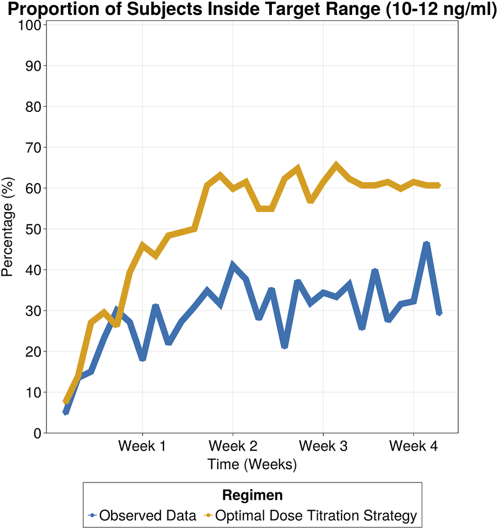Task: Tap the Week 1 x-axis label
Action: point(143,446)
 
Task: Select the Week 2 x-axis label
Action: point(233,446)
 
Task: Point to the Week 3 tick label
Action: point(323,446)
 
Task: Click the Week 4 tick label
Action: point(413,446)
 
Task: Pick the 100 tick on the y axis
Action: point(29,25)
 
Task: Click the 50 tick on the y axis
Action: point(33,229)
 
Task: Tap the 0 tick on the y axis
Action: point(38,433)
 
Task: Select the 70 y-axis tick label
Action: point(33,148)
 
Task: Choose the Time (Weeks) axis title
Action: point(252,464)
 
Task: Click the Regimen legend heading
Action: point(252,494)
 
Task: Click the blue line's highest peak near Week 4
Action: point(426,243)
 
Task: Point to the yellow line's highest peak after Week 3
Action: point(336,165)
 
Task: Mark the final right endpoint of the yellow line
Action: point(439,185)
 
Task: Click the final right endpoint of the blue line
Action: point(439,313)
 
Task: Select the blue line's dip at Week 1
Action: point(143,359)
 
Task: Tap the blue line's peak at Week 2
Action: point(233,266)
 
